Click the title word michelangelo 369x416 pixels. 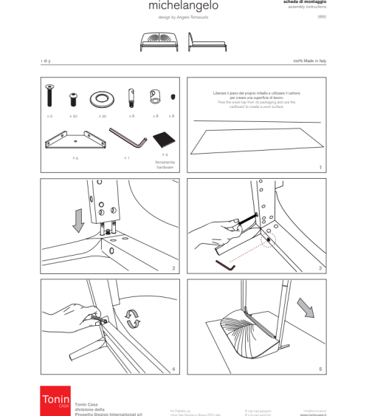coord(183,7)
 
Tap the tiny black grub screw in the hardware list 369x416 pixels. coord(173,98)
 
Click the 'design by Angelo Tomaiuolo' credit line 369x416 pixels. coord(183,18)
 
